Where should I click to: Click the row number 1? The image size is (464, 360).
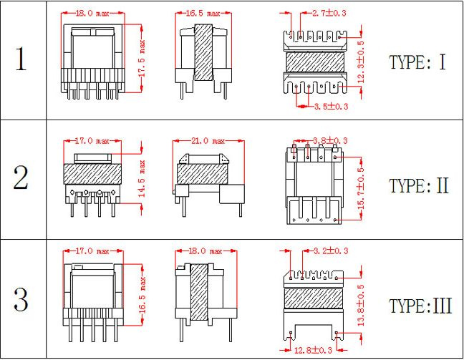point(21,59)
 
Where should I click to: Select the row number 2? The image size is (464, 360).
point(21,177)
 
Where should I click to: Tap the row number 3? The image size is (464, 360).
point(21,299)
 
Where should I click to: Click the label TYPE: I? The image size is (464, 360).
point(417,62)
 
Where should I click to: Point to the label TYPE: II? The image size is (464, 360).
point(419,186)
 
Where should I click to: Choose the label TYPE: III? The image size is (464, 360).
point(420,306)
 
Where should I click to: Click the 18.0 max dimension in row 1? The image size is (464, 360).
point(92,14)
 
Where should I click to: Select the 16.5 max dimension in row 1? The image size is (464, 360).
point(203,14)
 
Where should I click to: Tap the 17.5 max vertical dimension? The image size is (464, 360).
point(142,59)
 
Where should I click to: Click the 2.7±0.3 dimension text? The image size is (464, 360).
point(329,13)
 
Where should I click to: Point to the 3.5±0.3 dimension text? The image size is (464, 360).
point(331,106)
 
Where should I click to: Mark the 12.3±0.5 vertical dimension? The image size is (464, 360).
point(361,62)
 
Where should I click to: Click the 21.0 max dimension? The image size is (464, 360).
point(208,141)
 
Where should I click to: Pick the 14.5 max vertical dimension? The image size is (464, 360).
point(142,179)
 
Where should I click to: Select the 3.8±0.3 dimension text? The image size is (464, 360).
point(330,140)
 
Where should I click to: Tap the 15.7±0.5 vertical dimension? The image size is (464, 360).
point(361,189)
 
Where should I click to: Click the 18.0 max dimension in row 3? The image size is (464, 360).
point(206,251)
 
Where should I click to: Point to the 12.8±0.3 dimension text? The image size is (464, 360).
point(313,351)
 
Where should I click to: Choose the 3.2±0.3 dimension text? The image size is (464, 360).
point(331,251)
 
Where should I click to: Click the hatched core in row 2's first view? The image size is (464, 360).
point(92,174)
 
